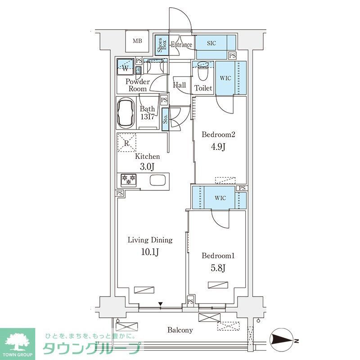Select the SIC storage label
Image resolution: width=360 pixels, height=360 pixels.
pos(211,43)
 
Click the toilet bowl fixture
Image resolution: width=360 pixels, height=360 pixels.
pos(202,71)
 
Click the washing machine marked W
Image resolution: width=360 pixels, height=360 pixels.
pos(126,68)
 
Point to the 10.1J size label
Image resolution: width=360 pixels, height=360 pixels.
pos(150,252)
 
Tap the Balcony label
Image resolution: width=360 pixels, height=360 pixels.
pos(180,330)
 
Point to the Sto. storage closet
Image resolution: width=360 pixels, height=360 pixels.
pos(165,120)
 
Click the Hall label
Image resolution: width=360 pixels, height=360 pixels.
pos(180,85)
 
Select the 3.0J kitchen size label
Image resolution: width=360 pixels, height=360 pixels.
pos(148,167)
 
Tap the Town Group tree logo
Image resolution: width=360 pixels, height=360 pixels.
pos(18,341)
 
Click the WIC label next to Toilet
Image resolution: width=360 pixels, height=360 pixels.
pos(225,78)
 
